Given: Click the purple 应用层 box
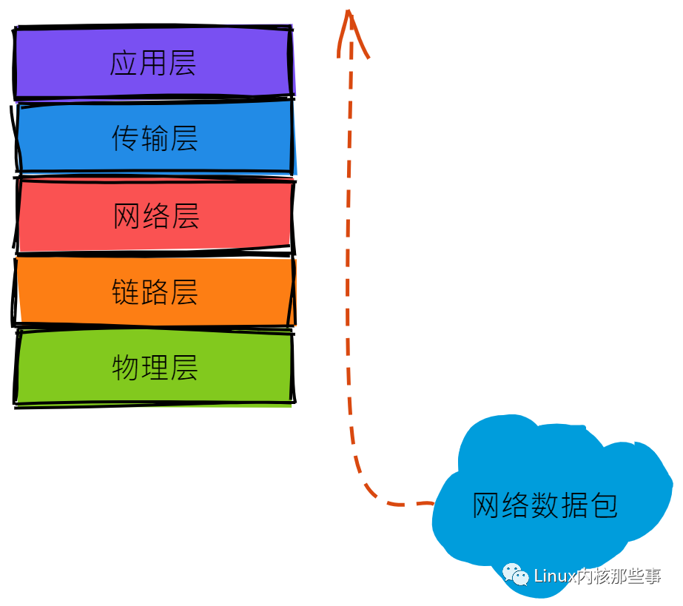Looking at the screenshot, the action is click(x=153, y=62).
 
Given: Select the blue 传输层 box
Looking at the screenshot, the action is click(x=154, y=138).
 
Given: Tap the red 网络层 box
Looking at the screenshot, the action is click(x=154, y=215).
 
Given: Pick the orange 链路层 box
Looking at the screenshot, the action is click(x=154, y=291).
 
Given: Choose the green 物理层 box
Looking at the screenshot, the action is click(x=154, y=368).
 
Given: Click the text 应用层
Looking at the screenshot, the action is click(x=153, y=63).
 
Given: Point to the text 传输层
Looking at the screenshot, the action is click(x=155, y=138).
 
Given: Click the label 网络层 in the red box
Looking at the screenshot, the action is click(x=156, y=215).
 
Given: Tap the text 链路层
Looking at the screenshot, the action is click(x=155, y=292).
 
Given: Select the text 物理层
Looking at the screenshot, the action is click(x=155, y=368).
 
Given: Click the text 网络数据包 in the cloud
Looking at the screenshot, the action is click(x=545, y=505).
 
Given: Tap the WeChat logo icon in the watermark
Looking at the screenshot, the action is click(x=516, y=575).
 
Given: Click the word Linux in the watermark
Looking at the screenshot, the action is click(x=554, y=576).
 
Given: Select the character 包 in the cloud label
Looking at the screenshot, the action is click(x=603, y=505).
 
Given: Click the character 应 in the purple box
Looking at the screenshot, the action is click(x=124, y=63).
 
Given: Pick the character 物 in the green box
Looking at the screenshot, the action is click(x=126, y=368).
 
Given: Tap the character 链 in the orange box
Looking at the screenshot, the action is click(x=126, y=292).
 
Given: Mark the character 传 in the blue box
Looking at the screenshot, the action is click(x=126, y=138).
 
